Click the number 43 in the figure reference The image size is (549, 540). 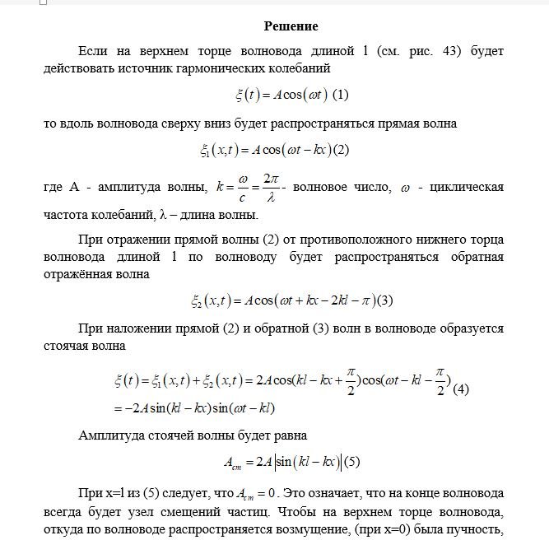(448, 51)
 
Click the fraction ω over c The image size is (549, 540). (242, 189)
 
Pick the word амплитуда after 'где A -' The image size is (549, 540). (133, 189)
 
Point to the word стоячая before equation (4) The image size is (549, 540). (71, 345)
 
